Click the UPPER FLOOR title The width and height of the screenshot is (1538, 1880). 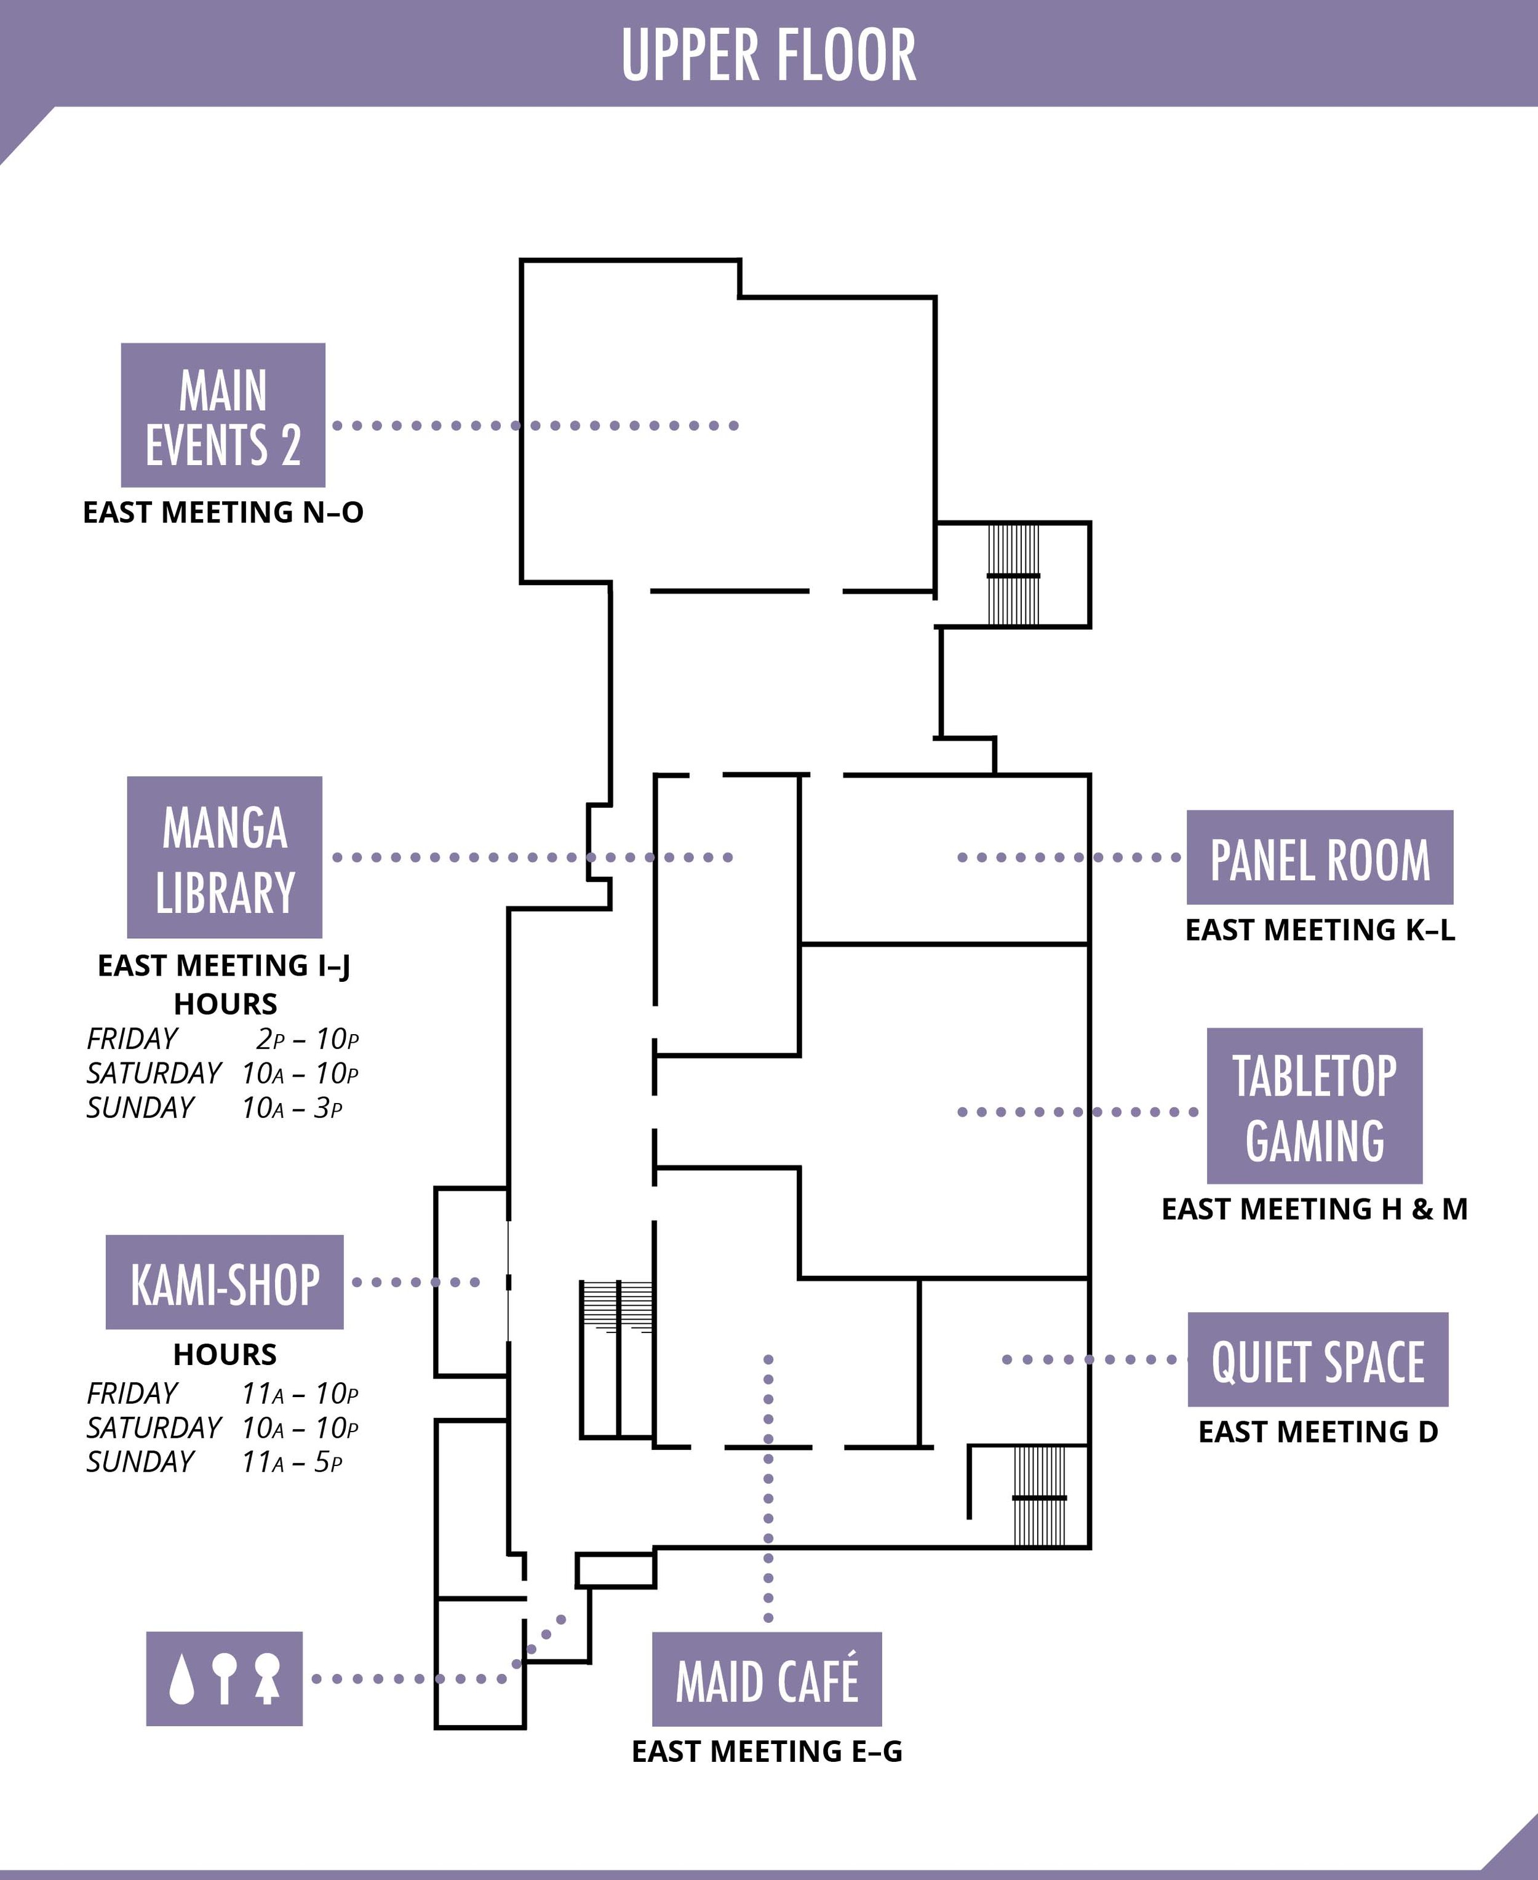768,55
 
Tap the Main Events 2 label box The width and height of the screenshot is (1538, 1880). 223,415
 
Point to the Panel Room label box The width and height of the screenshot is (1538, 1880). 1319,858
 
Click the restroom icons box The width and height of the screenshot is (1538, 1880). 224,1679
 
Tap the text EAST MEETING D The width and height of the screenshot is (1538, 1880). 1317,1432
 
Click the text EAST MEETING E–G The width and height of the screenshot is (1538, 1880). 767,1751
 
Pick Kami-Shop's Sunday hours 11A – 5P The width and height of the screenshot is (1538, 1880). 292,1462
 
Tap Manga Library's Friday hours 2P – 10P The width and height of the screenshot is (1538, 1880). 306,1038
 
